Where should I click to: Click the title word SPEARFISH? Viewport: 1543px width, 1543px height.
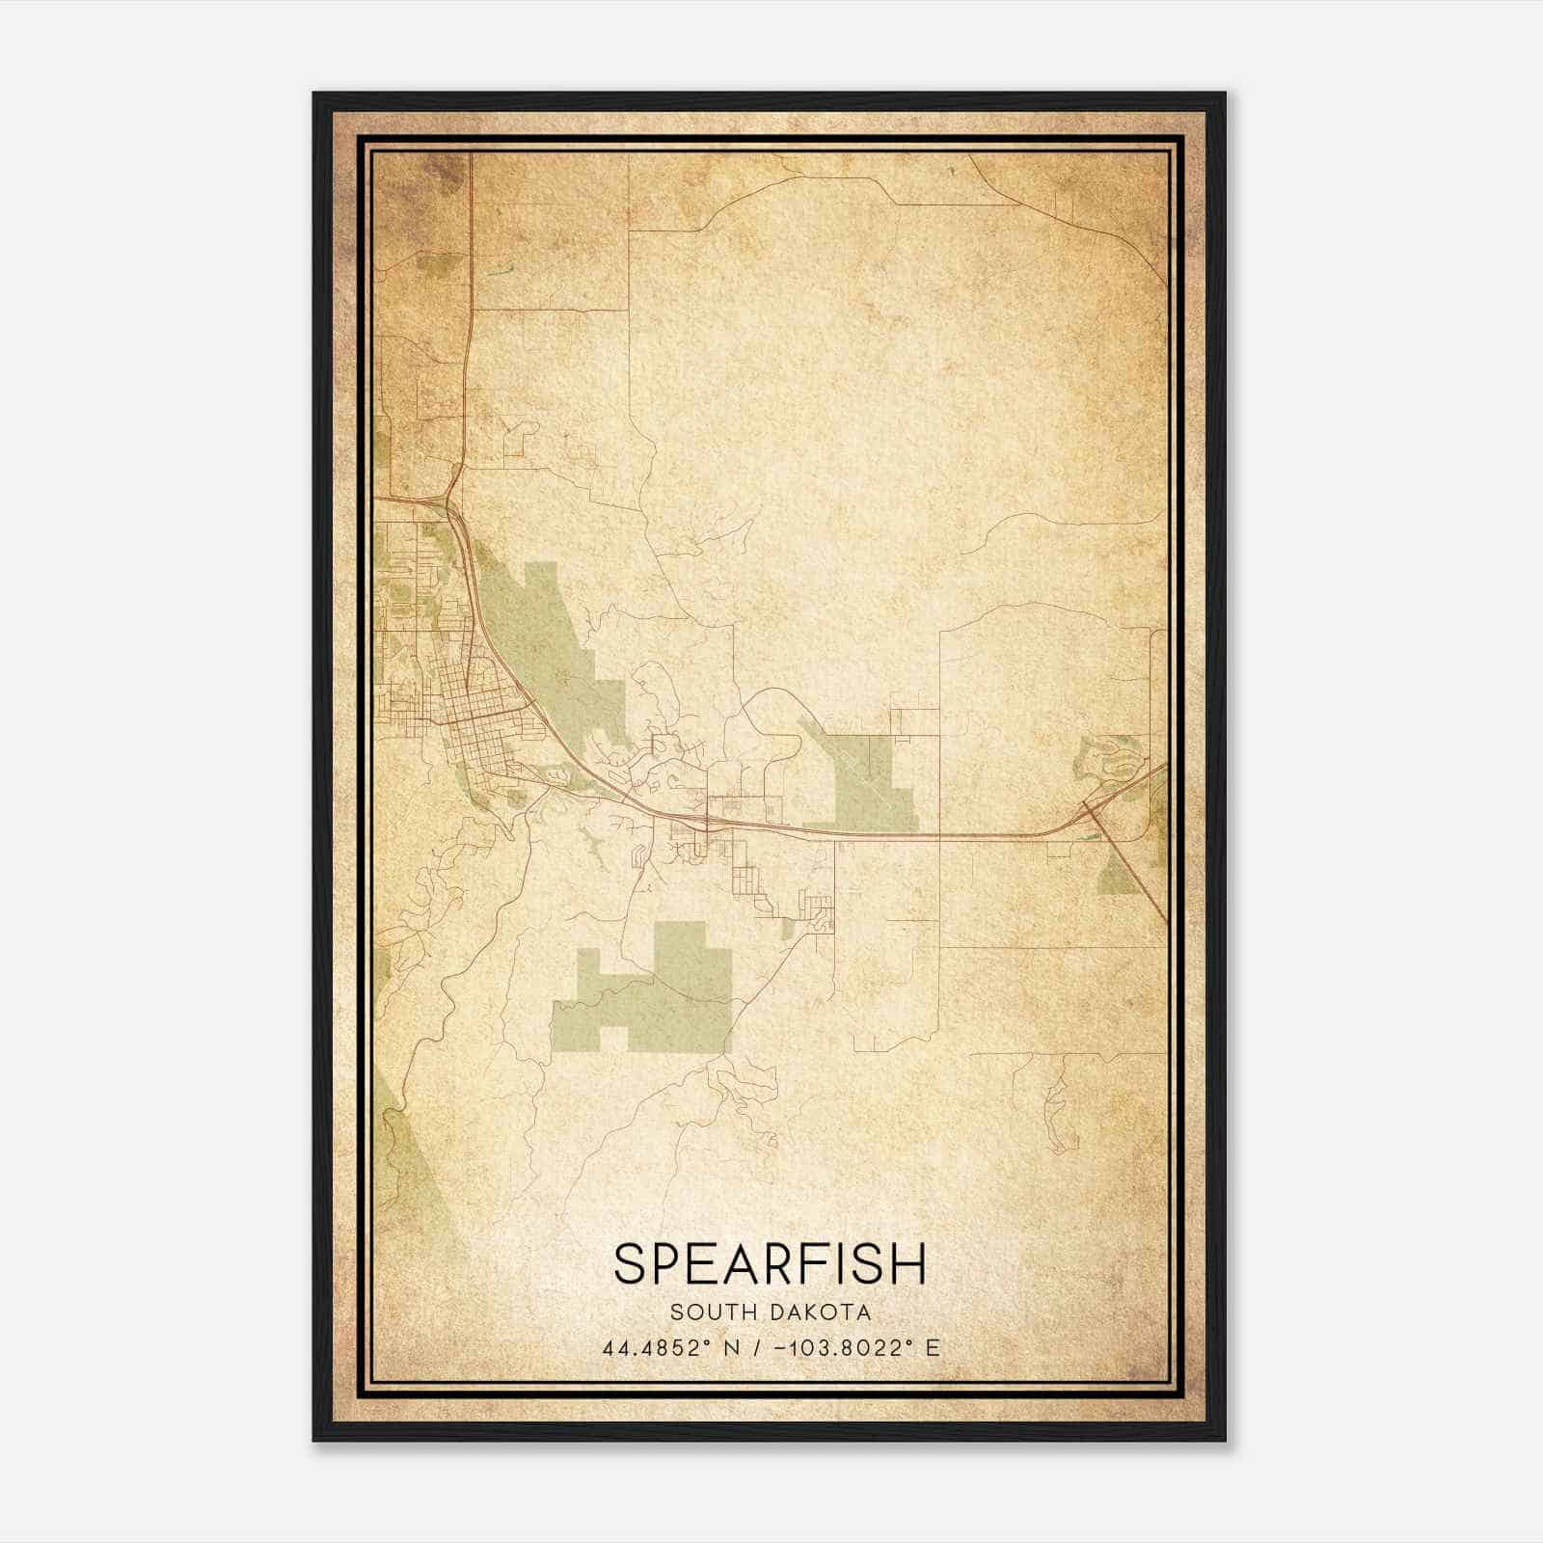[770, 1263]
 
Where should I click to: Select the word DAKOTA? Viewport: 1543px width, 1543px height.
[821, 1313]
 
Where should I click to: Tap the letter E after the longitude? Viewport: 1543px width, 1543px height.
[932, 1348]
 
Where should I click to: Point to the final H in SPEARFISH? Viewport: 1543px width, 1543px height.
[908, 1263]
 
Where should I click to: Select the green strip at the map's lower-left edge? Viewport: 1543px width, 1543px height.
[410, 1157]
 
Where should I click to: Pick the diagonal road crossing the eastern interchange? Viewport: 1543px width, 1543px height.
[1138, 878]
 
